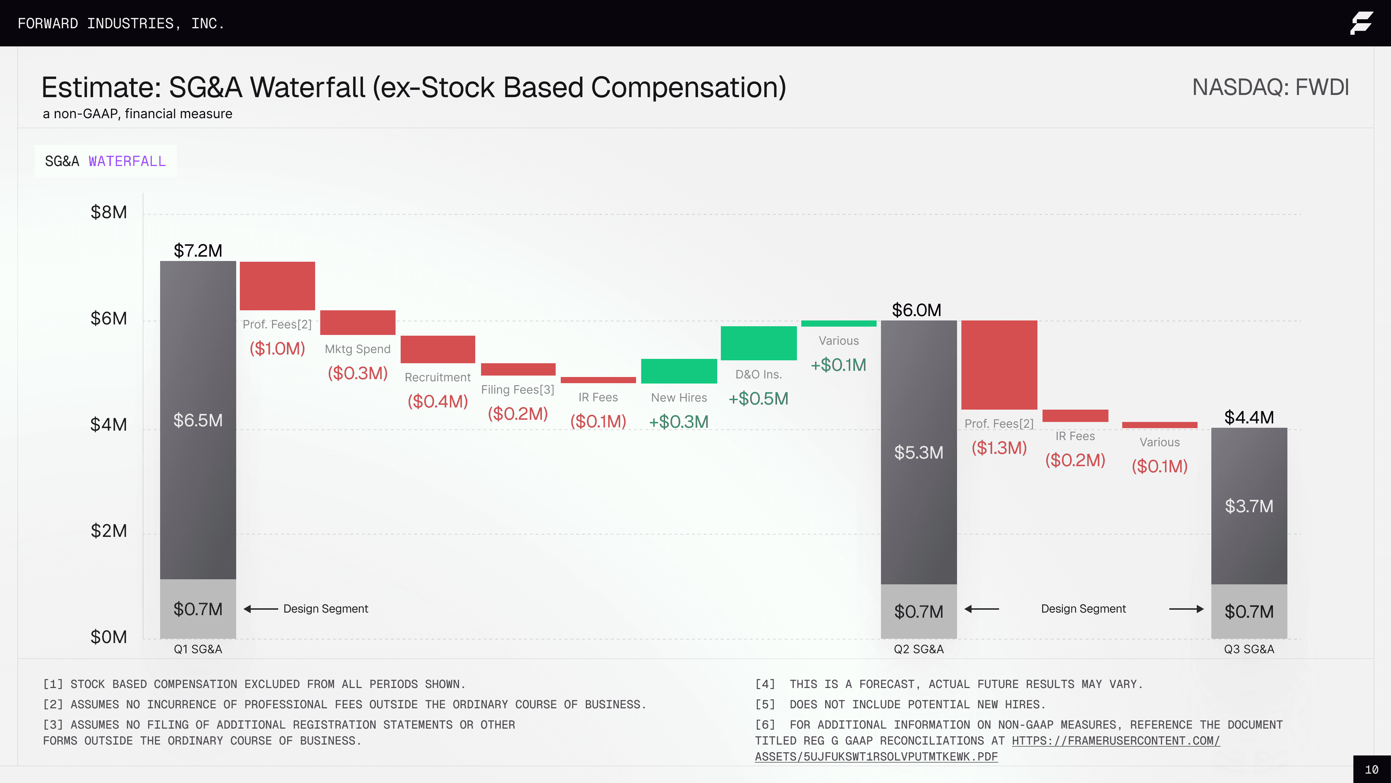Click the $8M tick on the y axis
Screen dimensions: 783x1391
click(109, 212)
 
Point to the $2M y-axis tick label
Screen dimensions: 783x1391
click(109, 531)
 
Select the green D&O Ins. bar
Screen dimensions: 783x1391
click(758, 343)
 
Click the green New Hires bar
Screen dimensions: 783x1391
click(679, 371)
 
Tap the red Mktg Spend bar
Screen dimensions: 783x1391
click(358, 323)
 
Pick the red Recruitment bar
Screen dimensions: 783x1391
click(437, 349)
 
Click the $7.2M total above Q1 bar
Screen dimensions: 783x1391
click(198, 251)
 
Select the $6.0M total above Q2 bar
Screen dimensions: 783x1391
click(916, 310)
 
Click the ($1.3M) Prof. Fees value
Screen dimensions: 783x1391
click(999, 448)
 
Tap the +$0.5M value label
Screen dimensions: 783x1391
click(758, 399)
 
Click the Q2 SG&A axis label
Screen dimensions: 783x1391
click(919, 649)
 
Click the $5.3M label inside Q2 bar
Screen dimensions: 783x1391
click(919, 452)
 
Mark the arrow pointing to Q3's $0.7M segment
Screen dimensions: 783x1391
click(1186, 609)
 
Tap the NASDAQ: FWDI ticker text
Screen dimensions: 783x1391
click(1270, 87)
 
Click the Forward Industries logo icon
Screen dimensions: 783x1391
click(1361, 23)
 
